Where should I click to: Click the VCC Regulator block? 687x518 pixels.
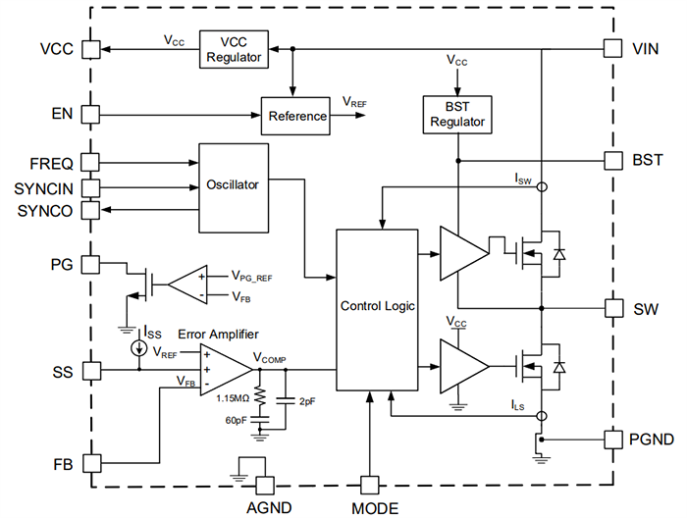coord(235,48)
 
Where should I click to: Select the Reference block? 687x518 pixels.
coord(296,116)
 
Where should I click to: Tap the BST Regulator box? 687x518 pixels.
coord(457,114)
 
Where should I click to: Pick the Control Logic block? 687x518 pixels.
coord(377,306)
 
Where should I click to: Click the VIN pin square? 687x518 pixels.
coord(612,48)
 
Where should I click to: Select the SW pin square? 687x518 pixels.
coord(612,308)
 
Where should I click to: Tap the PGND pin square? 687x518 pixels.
coord(612,439)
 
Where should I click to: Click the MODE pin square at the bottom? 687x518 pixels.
coord(369,485)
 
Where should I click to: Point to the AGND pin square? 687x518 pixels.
coord(264,485)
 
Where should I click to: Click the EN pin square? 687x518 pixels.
coord(90,115)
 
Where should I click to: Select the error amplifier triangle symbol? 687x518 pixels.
coord(222,370)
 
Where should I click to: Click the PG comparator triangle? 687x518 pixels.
coord(186,285)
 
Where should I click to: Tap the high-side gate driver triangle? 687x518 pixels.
coord(462,253)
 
